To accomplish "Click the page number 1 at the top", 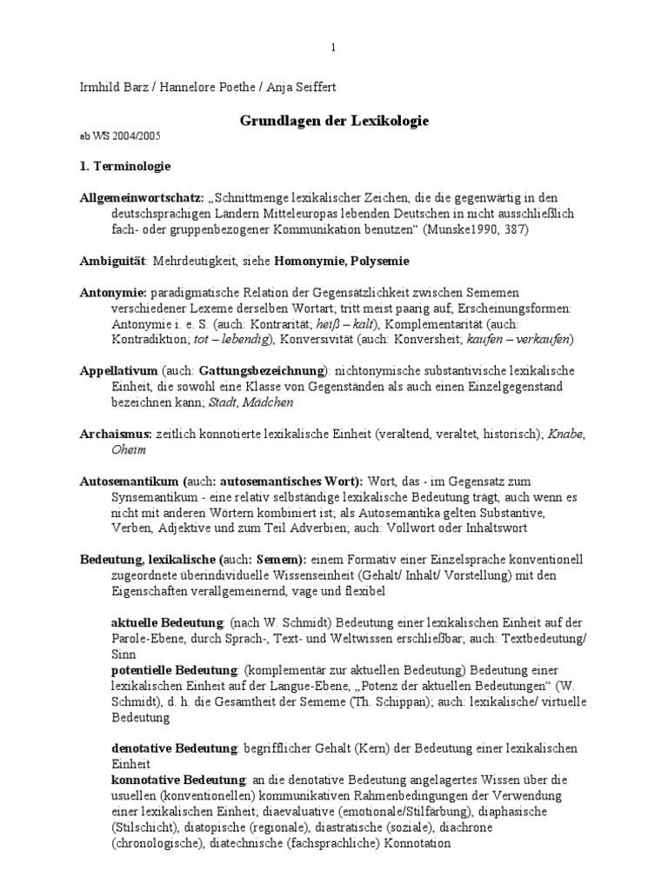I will (x=333, y=47).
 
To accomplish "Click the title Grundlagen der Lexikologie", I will (x=334, y=121).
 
